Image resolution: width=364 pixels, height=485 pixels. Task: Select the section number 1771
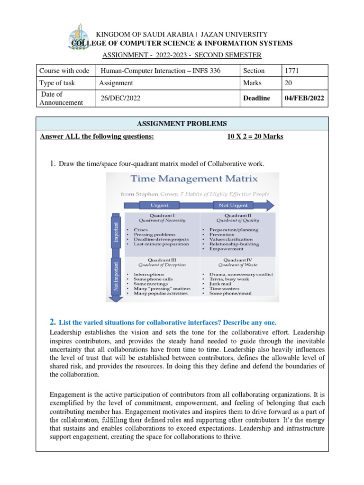tap(291, 71)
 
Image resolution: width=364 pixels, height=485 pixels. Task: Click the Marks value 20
tap(288, 83)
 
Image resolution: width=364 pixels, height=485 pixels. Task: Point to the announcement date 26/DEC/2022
tap(120, 98)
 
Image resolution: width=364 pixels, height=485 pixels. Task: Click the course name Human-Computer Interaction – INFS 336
tap(160, 71)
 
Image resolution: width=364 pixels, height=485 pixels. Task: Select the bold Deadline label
tap(256, 98)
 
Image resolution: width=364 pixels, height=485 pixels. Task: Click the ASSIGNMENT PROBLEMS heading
tap(182, 124)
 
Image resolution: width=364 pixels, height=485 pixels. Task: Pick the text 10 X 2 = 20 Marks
tap(255, 137)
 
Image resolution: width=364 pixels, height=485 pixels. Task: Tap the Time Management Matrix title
tap(194, 179)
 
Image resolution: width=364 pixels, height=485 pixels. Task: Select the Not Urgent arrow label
tap(232, 205)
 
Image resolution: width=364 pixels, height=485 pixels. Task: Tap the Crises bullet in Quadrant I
tap(141, 230)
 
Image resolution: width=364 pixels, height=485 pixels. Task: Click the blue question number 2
tap(53, 322)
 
